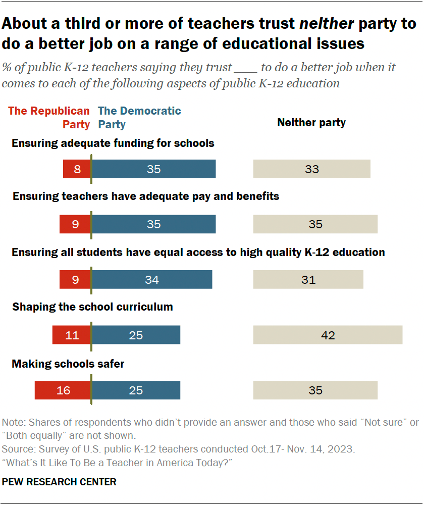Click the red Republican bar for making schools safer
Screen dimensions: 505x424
[x=63, y=390]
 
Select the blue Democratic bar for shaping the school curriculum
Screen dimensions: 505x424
[x=136, y=335]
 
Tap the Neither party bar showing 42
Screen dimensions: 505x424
[x=328, y=335]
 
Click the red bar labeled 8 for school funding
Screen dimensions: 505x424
[x=77, y=169]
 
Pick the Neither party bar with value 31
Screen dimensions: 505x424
[x=308, y=279]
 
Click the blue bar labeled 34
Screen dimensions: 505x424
[x=152, y=279]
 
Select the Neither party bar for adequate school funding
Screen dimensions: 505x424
[x=311, y=169]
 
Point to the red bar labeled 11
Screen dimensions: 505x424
[x=72, y=335]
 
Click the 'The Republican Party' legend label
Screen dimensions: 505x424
[x=49, y=117]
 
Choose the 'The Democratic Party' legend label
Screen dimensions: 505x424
[x=139, y=117]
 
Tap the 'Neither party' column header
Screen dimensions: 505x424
[x=311, y=123]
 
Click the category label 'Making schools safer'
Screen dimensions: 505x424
[x=68, y=364]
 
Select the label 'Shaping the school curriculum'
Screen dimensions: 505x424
[x=92, y=307]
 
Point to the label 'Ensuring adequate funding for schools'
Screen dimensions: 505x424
[x=113, y=143]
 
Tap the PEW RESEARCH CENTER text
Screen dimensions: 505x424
[x=59, y=482]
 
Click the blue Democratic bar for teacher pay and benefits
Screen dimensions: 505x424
[x=153, y=224]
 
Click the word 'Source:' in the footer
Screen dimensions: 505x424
[x=17, y=448]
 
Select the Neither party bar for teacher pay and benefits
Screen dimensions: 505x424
[x=315, y=224]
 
